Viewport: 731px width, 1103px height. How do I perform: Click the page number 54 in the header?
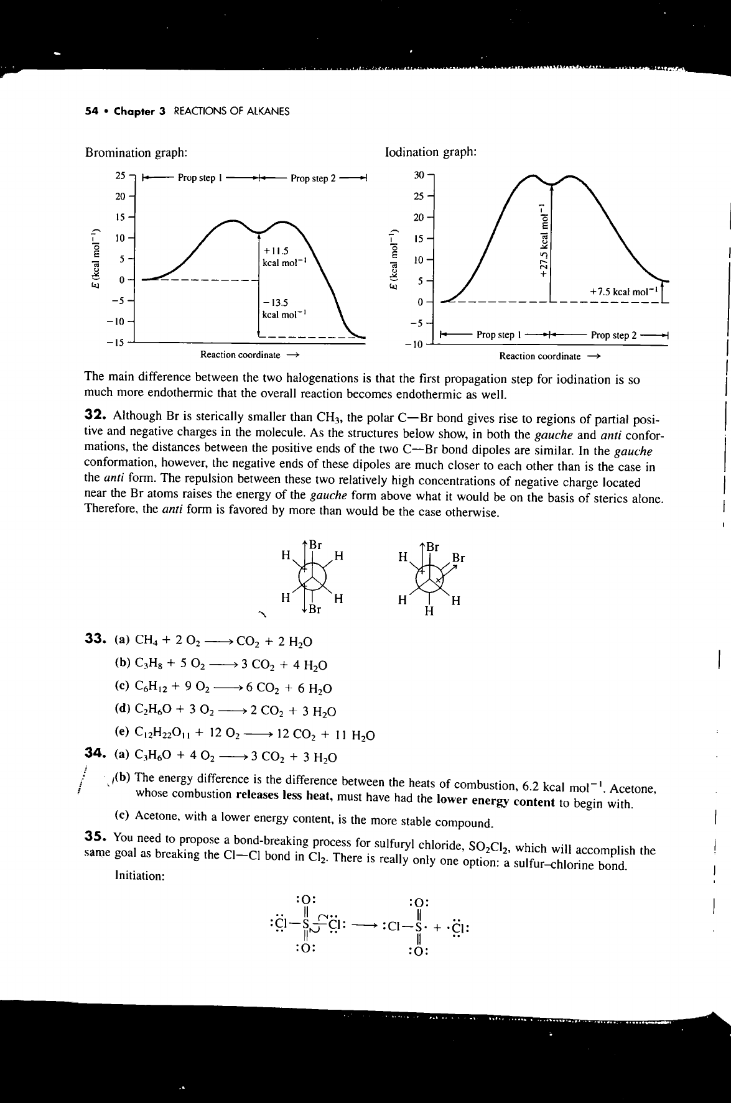point(91,112)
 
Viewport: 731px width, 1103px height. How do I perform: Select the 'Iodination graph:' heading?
point(431,152)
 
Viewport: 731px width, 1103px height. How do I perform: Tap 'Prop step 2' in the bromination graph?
point(313,178)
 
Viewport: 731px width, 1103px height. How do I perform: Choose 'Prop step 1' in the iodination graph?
point(495,335)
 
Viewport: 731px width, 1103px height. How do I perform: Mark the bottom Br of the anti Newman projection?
point(315,609)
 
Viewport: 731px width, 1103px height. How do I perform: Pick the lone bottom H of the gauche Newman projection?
point(428,611)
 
